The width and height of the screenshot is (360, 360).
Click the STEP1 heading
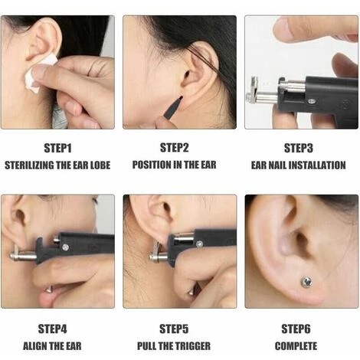tap(57, 148)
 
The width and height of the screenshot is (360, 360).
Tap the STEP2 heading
tap(175, 148)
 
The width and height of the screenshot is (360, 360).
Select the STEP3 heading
tap(299, 148)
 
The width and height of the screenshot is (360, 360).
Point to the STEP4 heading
tap(52, 329)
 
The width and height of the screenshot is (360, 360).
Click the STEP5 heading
tap(174, 329)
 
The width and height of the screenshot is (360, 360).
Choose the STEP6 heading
tap(296, 329)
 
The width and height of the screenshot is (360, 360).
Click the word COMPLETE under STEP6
tap(296, 346)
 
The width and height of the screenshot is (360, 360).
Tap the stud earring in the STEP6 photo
tap(306, 282)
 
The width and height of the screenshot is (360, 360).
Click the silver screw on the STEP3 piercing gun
tap(312, 101)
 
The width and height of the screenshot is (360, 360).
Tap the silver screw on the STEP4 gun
tap(66, 247)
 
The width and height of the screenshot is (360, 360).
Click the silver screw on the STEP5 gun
tap(199, 244)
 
